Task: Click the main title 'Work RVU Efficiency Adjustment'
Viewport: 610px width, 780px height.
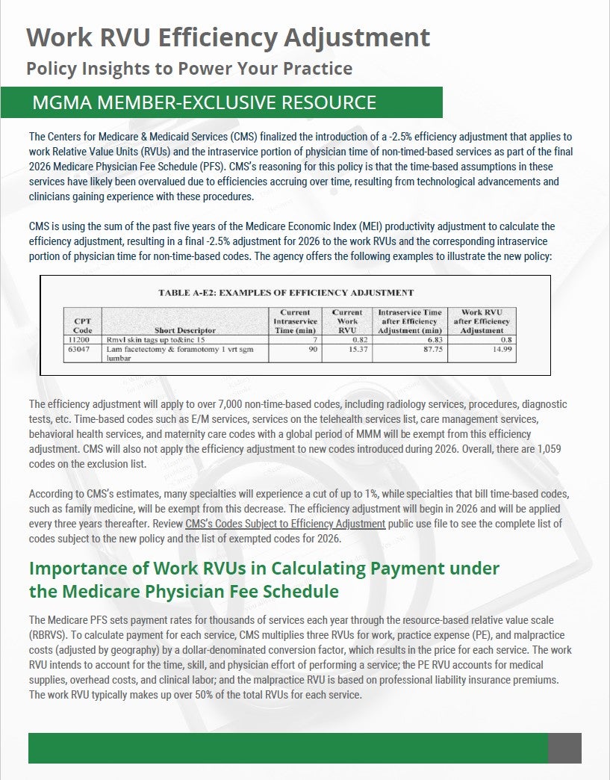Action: (228, 37)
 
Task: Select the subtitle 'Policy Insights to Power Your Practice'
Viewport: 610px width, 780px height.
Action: (189, 69)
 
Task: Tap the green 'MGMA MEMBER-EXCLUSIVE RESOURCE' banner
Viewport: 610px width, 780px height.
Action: (204, 102)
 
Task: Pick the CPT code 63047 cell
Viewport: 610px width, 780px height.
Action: (82, 349)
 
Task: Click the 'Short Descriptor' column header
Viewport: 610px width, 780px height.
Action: (184, 329)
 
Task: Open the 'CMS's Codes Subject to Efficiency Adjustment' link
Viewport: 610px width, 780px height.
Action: (285, 524)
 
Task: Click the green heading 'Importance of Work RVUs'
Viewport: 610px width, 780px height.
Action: (264, 569)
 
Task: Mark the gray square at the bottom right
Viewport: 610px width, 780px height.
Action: (564, 748)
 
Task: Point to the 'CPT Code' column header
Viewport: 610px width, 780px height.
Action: (82, 324)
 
